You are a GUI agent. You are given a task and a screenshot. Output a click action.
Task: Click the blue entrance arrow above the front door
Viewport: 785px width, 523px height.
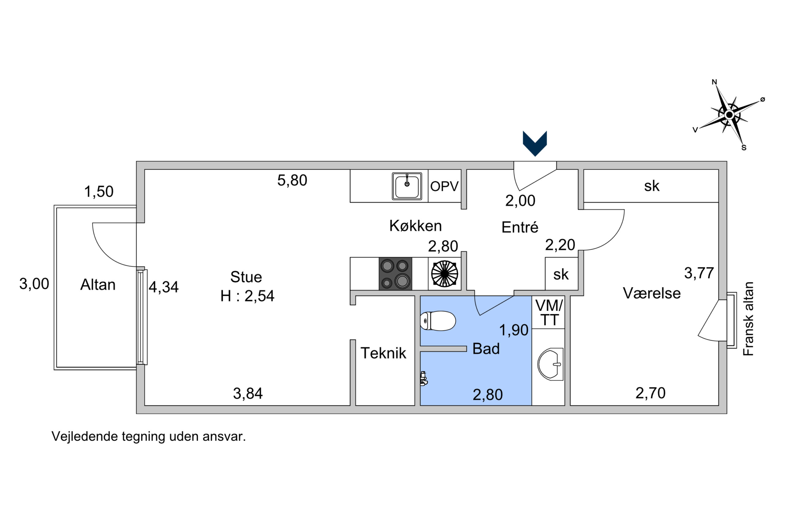tap(535, 143)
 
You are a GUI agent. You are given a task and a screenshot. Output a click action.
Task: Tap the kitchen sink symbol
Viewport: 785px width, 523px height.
tap(407, 186)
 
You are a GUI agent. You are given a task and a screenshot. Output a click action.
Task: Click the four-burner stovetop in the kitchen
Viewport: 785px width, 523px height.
tap(395, 274)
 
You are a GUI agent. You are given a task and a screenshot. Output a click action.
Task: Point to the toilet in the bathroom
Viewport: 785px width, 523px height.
tap(438, 321)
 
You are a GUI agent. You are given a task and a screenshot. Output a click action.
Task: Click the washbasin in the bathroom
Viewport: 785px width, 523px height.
tap(550, 364)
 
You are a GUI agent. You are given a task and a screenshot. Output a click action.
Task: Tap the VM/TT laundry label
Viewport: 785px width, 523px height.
tap(549, 313)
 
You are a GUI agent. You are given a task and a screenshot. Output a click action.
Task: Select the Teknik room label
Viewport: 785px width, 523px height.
tap(383, 353)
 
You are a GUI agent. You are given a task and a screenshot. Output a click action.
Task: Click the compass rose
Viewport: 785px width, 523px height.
tap(729, 115)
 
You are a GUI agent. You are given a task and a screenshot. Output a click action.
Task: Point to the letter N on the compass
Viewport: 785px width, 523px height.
tap(714, 82)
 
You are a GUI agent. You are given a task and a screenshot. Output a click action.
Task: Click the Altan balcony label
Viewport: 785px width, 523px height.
tap(98, 285)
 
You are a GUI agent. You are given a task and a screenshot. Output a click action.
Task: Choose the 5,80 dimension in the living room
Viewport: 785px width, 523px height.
tap(292, 180)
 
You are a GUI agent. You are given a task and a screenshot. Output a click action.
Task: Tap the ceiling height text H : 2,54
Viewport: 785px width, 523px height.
tap(247, 296)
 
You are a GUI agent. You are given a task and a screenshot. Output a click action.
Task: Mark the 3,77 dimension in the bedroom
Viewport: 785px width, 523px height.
tap(699, 273)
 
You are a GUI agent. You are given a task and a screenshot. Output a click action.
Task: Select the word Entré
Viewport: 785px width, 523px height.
tap(520, 227)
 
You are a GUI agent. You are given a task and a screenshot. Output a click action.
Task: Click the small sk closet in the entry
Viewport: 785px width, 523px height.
tap(561, 274)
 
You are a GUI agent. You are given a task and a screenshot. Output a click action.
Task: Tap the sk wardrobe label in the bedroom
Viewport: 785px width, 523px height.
tap(652, 186)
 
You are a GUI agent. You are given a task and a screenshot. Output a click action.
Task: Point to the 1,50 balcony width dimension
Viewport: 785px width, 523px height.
tap(98, 192)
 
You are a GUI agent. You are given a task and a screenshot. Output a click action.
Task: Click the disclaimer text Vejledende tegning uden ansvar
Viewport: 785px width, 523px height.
tap(148, 436)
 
